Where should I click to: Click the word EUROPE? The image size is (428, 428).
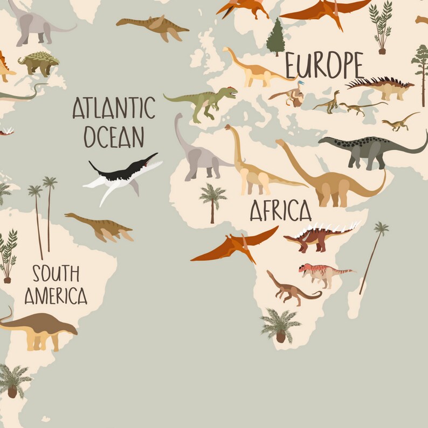coord(324,66)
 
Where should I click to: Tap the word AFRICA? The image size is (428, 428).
coord(280,210)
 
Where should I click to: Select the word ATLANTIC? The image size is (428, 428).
coord(114,108)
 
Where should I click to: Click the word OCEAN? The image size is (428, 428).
coord(114,137)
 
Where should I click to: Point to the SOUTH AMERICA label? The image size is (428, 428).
coord(56,285)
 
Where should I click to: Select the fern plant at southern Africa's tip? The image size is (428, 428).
coord(280,325)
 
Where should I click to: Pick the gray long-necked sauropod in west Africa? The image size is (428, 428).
coord(197,154)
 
